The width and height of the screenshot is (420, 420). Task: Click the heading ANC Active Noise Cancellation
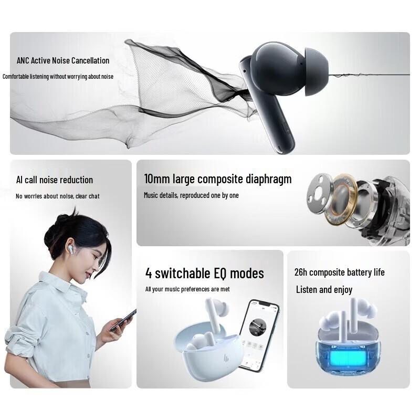[x=63, y=61]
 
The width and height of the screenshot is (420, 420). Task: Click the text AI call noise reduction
[x=55, y=180]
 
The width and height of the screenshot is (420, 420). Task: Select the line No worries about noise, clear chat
[x=58, y=196]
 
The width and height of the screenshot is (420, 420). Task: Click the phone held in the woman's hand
[x=123, y=320]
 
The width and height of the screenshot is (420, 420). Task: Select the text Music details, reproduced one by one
[x=191, y=195]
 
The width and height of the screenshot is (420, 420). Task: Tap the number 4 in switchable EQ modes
[x=149, y=273]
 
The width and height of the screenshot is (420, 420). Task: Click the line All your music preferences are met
[x=187, y=289]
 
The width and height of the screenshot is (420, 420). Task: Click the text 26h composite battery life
[x=339, y=272]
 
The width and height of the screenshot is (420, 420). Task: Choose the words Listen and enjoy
[x=324, y=290]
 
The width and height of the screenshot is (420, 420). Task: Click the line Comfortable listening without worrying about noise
[x=58, y=77]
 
